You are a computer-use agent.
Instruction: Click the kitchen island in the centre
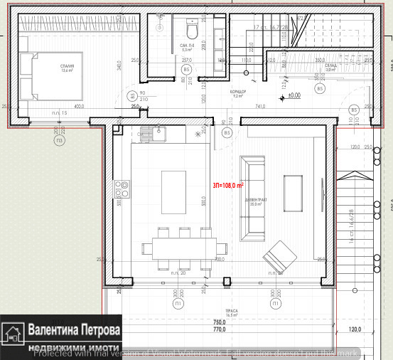(x=173, y=192)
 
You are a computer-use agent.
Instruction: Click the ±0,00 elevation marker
(x=292, y=94)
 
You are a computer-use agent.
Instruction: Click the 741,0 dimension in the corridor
(x=260, y=106)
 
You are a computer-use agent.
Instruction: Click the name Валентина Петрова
(x=74, y=331)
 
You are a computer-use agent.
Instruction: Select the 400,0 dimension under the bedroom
(x=79, y=107)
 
